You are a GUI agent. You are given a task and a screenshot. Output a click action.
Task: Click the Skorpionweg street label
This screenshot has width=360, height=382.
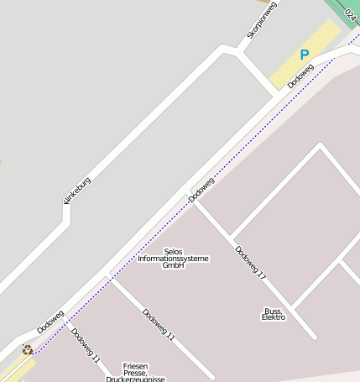coord(262,19)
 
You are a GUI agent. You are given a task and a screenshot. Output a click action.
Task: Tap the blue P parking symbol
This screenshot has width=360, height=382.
coord(305,55)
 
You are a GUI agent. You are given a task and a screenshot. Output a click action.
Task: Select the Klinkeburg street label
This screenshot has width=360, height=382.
coord(76,191)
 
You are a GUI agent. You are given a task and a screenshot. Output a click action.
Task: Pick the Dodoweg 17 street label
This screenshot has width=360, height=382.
coord(250,262)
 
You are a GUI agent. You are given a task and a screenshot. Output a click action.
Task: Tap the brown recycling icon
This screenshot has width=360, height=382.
coord(28,349)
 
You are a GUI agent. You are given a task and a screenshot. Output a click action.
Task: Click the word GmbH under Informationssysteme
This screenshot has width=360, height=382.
coord(173,265)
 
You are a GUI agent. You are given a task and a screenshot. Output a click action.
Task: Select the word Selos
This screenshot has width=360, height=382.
coord(173,251)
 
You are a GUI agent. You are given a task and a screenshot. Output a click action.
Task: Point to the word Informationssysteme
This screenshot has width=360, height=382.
coord(173,259)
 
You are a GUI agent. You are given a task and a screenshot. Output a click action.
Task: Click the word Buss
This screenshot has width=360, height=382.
coord(274,311)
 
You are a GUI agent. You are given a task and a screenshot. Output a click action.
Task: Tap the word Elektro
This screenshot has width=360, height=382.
coord(274,318)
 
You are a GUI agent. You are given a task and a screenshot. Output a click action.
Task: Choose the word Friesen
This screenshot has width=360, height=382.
coord(135,366)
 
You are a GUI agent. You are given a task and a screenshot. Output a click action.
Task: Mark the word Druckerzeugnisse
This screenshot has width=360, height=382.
coord(135,379)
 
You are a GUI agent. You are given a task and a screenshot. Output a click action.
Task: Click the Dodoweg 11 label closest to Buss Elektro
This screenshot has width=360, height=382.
coord(158,325)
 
